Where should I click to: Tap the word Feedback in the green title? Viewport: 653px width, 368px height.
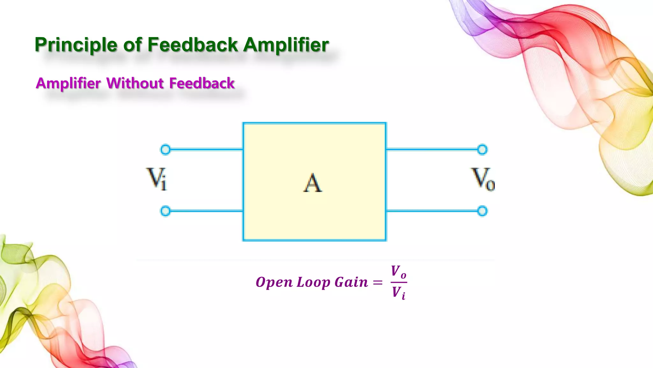(x=193, y=44)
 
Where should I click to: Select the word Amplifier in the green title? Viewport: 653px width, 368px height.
(x=286, y=45)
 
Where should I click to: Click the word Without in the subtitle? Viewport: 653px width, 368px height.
(x=135, y=83)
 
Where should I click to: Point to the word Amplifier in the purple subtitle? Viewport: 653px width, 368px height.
(x=68, y=84)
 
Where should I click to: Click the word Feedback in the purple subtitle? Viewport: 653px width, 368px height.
(x=202, y=83)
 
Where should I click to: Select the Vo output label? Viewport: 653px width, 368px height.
(x=483, y=180)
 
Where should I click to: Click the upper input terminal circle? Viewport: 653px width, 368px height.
(x=165, y=149)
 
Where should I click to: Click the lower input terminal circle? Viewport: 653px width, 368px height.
(x=165, y=211)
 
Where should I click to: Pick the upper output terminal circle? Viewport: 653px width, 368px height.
(x=482, y=149)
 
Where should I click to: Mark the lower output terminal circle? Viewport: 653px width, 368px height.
(x=482, y=211)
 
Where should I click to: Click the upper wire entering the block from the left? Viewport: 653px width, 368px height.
(x=206, y=149)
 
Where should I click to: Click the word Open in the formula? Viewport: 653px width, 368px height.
(x=274, y=283)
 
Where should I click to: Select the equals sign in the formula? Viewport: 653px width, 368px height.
(x=378, y=282)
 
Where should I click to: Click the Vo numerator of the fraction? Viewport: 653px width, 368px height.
(x=399, y=272)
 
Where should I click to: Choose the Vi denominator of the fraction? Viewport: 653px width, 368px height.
(x=399, y=293)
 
